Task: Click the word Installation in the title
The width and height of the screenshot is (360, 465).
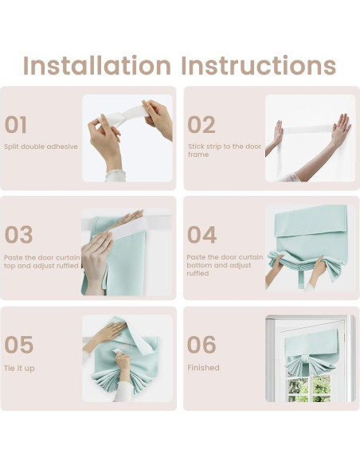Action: point(97,65)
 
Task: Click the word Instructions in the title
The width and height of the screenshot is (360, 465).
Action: point(259,65)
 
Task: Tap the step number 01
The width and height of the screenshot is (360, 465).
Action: point(16,124)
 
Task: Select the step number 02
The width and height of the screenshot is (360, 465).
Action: point(202,124)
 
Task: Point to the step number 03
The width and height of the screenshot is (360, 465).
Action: point(18,234)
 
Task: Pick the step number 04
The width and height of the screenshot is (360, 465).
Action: point(202,234)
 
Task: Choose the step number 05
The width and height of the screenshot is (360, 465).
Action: point(18,344)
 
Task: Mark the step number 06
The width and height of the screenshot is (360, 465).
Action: point(202,344)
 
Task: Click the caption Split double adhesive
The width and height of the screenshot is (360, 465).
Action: point(41,147)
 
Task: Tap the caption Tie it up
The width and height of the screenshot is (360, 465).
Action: point(19,369)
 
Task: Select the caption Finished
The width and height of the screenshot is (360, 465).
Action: point(203,368)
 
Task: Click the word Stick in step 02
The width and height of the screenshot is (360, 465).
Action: point(196,147)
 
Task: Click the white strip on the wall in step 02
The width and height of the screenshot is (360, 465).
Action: point(307,129)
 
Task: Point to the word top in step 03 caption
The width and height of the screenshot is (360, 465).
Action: point(10,266)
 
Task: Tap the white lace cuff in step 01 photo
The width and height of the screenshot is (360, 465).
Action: point(115,175)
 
